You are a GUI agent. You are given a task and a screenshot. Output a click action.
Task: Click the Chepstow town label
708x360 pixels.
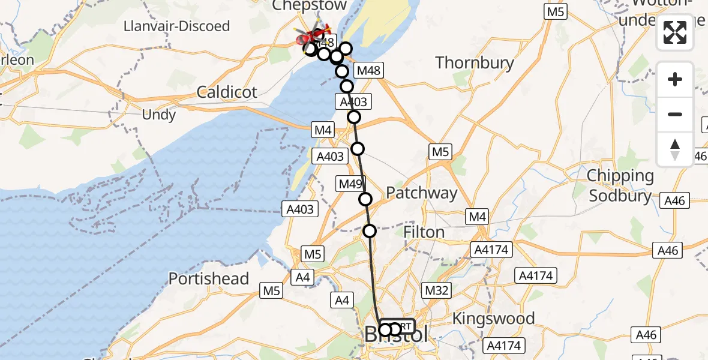[309, 6]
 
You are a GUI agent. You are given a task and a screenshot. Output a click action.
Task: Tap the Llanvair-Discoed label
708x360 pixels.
[176, 26]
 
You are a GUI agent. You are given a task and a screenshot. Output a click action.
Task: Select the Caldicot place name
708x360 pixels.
[227, 92]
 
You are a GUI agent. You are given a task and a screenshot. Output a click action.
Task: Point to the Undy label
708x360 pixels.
[158, 115]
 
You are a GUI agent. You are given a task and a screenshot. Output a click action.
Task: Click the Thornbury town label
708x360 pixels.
[475, 63]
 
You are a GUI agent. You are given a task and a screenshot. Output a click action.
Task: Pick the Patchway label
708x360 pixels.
[421, 193]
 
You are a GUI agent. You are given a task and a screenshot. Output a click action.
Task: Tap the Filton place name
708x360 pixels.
[424, 232]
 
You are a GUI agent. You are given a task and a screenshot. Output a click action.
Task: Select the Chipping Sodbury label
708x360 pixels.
[620, 186]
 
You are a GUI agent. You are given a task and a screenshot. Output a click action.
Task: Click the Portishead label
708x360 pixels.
[208, 279]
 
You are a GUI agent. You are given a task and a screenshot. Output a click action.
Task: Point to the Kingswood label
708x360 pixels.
[494, 318]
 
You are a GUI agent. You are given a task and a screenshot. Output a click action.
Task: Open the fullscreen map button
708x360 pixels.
[675, 32]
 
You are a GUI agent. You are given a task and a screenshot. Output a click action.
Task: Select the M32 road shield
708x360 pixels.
[437, 291]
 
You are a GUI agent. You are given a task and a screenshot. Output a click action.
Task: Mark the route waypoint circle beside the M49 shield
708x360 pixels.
[365, 199]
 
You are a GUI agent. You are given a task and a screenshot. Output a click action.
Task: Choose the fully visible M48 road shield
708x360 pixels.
[367, 71]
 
